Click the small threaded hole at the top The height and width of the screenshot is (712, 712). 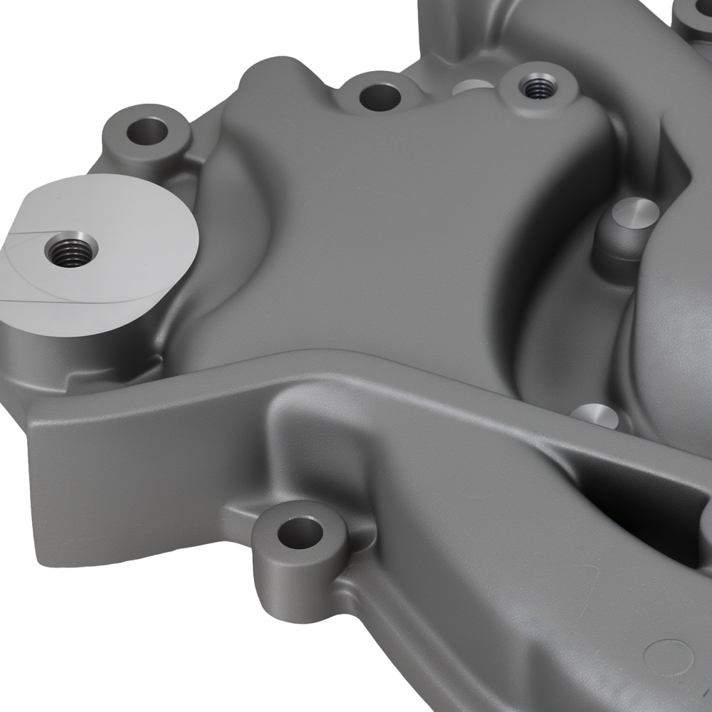pyautogui.click(x=534, y=87)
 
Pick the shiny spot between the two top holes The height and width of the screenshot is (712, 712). pyautogui.click(x=472, y=88)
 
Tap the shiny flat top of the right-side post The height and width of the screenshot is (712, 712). pyautogui.click(x=636, y=210)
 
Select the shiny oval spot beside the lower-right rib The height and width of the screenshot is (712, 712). pyautogui.click(x=595, y=415)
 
